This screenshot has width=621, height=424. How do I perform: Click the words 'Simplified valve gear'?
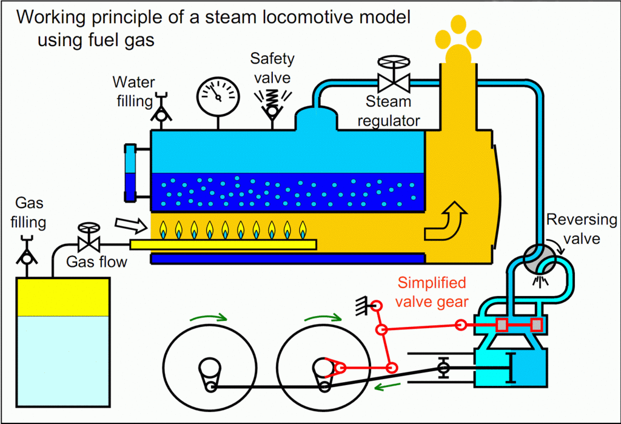coord(432,292)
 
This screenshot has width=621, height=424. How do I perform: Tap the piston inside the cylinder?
coord(511,367)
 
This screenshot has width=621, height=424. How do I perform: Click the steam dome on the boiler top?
coord(316,118)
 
